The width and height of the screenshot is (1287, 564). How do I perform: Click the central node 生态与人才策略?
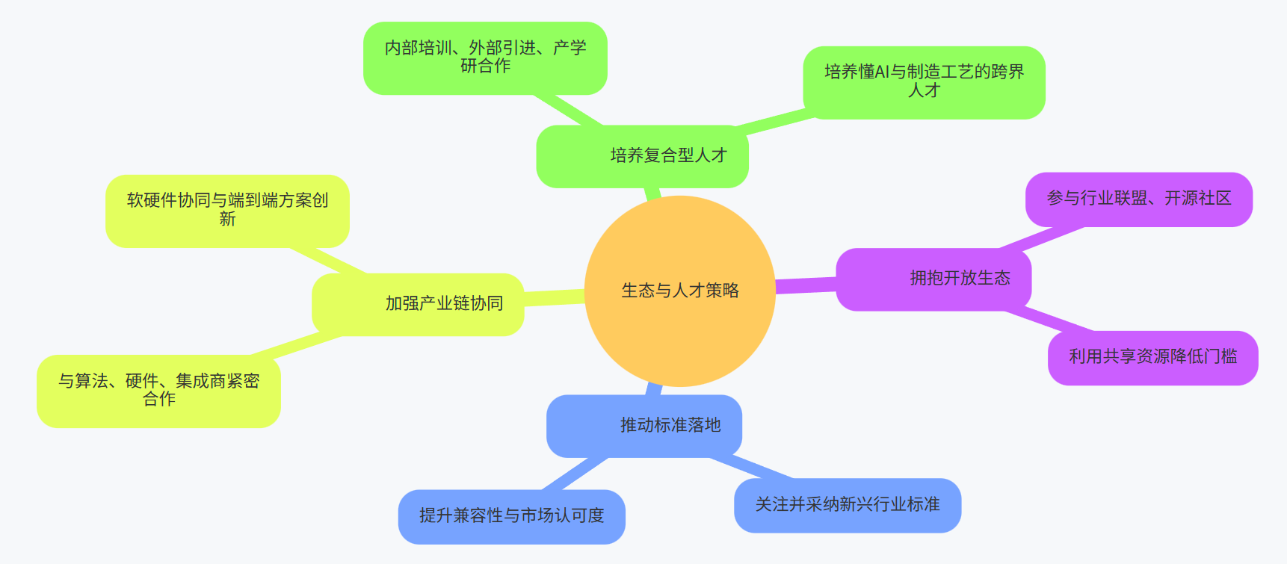(x=679, y=291)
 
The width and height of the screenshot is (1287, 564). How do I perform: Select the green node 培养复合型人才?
(x=643, y=156)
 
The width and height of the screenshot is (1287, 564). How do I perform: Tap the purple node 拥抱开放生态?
(x=933, y=279)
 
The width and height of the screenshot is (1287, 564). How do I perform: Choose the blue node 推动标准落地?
(x=644, y=426)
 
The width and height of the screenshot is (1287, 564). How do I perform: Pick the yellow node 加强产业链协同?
(x=418, y=304)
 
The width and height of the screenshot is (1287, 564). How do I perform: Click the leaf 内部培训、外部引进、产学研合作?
(x=485, y=58)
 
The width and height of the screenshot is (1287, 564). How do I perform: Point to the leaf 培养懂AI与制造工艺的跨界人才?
(x=924, y=81)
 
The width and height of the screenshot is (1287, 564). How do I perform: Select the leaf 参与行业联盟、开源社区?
(x=1138, y=199)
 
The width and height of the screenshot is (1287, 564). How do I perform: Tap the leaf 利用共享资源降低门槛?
(x=1152, y=357)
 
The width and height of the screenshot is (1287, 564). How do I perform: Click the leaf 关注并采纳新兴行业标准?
(x=848, y=505)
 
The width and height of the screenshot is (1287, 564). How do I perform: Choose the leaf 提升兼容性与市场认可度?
(x=511, y=516)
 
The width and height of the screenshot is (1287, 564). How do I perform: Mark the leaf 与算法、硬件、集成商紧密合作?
(x=158, y=391)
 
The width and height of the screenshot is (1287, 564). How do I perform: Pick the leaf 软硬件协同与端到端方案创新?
(x=227, y=210)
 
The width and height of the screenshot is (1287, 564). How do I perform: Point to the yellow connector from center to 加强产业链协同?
(x=554, y=297)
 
